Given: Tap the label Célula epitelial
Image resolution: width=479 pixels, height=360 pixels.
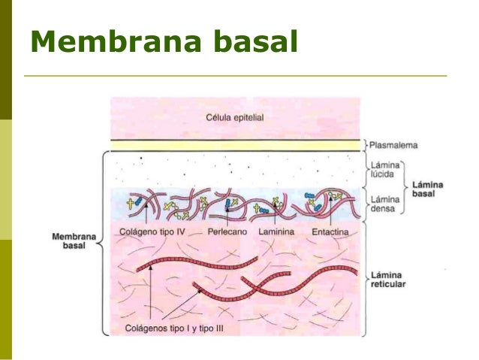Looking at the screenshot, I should (234, 117).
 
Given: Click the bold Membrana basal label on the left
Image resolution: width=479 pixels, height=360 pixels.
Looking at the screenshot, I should (69, 241).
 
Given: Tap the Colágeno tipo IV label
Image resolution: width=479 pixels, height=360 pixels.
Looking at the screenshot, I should (152, 233).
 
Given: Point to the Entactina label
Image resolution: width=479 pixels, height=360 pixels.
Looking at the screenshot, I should (330, 233).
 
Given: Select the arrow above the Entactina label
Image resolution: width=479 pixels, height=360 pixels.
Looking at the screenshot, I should (330, 213).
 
